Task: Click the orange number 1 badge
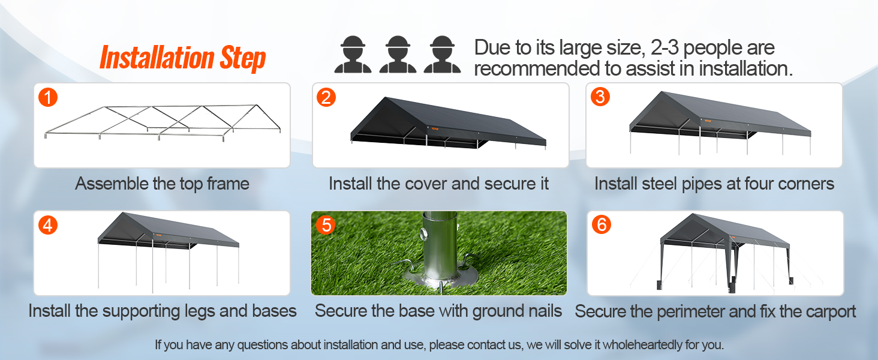click(48, 97)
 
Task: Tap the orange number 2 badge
click(326, 97)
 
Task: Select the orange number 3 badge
click(600, 97)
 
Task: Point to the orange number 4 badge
click(48, 225)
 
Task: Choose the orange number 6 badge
click(602, 225)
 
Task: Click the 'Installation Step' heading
click(182, 58)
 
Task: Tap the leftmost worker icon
click(353, 55)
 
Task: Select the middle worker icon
click(398, 55)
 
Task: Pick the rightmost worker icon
click(443, 55)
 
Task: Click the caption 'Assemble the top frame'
click(162, 184)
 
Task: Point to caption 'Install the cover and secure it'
click(438, 184)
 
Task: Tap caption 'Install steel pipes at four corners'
click(714, 184)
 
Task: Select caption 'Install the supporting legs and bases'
click(163, 311)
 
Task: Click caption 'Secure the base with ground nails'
click(438, 311)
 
